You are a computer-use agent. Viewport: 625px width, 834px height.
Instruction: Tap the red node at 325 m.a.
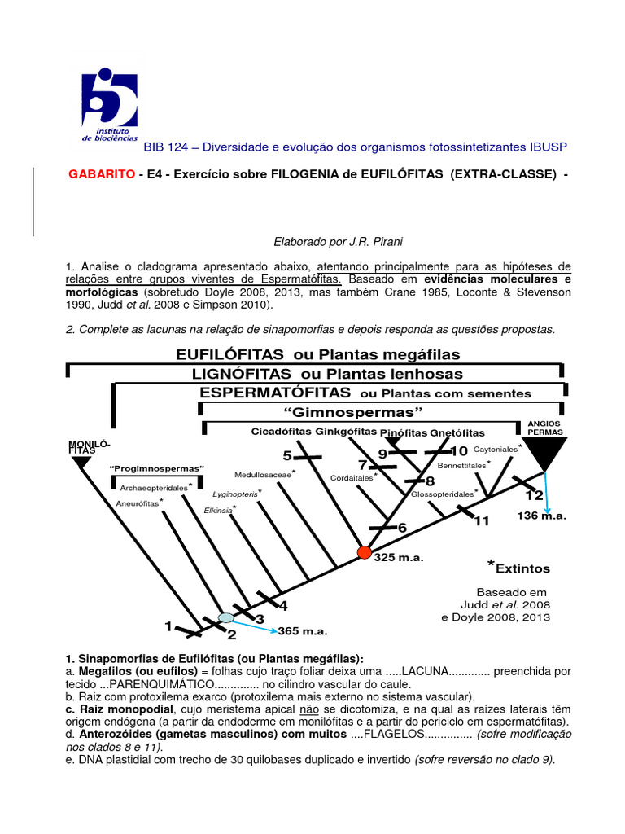(x=364, y=553)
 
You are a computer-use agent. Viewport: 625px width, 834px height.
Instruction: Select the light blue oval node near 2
(x=226, y=618)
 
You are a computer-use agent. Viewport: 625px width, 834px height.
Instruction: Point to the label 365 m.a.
(x=302, y=630)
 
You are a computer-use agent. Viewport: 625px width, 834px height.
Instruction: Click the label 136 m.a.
(x=541, y=516)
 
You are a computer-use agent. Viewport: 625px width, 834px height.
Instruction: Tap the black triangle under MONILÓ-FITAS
(x=81, y=463)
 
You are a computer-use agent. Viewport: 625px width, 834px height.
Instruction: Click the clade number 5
(x=286, y=454)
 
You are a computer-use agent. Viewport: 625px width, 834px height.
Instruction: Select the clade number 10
(x=459, y=451)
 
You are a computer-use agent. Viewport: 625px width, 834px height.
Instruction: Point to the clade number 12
(x=534, y=495)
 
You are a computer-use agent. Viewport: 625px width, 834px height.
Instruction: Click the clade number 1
(x=168, y=626)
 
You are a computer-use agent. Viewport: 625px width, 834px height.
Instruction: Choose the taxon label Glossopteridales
(x=442, y=494)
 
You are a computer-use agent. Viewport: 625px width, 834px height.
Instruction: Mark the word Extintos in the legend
(x=522, y=568)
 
